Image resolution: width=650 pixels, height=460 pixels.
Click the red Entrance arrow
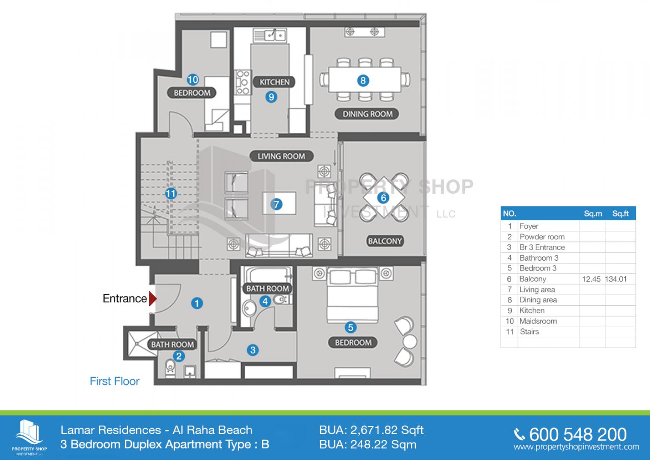click(153, 299)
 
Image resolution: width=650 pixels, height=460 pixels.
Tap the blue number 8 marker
click(363, 80)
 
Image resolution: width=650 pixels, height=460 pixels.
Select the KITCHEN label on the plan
click(274, 82)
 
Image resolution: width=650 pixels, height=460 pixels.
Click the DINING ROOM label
click(367, 114)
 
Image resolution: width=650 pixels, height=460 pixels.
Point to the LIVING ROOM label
click(281, 156)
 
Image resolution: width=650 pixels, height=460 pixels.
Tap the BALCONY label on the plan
click(385, 241)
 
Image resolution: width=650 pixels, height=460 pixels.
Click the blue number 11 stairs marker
click(171, 193)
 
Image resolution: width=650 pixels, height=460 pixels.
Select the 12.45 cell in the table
click(591, 279)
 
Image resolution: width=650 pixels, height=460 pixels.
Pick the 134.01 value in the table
click(616, 279)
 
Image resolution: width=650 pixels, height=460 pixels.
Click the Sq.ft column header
click(620, 214)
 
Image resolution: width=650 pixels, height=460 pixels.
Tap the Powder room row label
click(542, 237)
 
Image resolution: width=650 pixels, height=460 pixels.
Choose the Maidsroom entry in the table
click(538, 321)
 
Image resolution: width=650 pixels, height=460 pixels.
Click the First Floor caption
click(115, 381)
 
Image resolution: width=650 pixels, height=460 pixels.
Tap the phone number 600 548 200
click(578, 434)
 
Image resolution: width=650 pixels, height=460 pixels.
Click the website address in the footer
click(576, 447)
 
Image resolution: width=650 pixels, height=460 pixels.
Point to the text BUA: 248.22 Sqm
click(368, 445)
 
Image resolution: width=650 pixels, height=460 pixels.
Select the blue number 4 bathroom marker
click(265, 301)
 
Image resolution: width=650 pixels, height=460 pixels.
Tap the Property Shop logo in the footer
click(29, 437)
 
